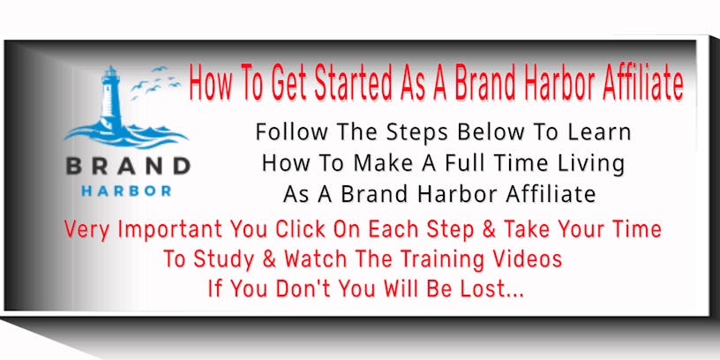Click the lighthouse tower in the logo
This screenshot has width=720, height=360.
[x=110, y=99]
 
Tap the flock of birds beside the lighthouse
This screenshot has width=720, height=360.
[x=155, y=82]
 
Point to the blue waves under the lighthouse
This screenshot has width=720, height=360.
[x=126, y=136]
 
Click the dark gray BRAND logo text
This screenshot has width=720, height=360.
[x=128, y=166]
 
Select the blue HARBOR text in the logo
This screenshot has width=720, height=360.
[x=126, y=191]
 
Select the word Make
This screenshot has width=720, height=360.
[x=377, y=163]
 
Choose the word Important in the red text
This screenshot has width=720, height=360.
[x=170, y=230]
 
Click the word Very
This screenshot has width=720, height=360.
[x=87, y=230]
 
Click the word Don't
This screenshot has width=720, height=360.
[x=305, y=289]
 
